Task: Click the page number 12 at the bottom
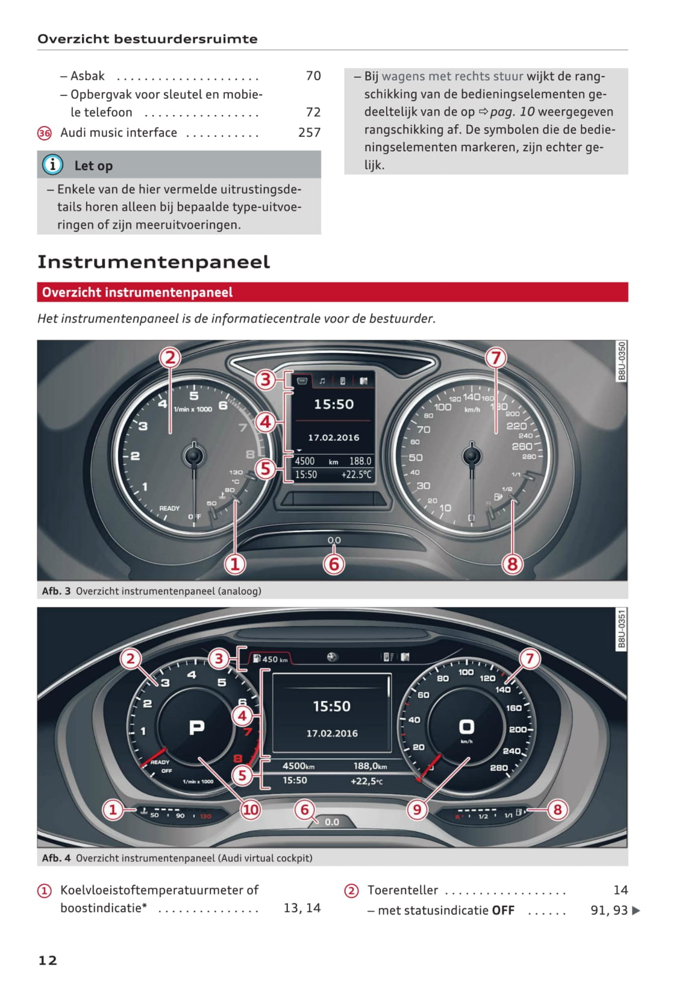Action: point(48,960)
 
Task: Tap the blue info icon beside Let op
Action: point(52,165)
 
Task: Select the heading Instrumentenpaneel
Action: point(154,262)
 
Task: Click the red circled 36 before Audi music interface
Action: point(45,133)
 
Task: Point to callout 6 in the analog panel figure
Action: point(334,564)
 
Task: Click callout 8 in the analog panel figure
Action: point(512,564)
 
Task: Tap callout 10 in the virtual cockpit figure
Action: point(251,810)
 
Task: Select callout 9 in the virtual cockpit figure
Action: point(417,810)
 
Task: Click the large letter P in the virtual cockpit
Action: point(196,728)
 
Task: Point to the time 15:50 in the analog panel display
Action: point(334,404)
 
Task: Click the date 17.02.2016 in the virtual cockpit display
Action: point(332,734)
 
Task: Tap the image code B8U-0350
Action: point(622,361)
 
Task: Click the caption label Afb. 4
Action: point(56,858)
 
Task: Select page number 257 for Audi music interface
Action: point(309,133)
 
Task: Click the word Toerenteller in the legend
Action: point(402,890)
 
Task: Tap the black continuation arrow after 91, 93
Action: point(636,911)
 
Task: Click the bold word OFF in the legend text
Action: point(503,911)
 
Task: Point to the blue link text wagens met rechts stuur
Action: point(452,77)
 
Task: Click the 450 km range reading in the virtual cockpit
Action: point(275,659)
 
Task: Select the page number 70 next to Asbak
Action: point(313,76)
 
